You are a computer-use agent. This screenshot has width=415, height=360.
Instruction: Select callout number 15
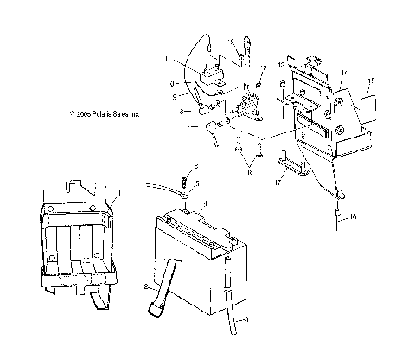tap(371, 81)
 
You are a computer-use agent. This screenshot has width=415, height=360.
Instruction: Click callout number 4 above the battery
tap(204, 203)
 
